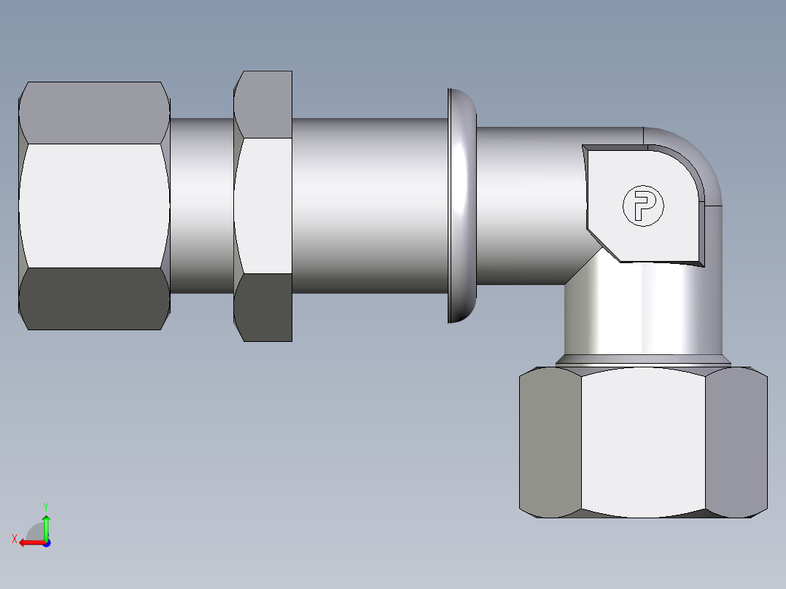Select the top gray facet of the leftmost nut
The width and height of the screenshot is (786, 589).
click(93, 112)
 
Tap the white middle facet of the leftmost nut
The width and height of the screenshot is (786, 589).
click(93, 205)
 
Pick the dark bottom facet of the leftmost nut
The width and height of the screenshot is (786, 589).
click(93, 299)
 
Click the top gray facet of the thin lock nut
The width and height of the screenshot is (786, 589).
click(264, 104)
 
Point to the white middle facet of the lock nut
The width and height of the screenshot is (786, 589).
click(264, 205)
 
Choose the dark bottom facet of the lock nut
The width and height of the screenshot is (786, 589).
click(264, 307)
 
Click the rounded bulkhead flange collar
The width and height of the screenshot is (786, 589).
click(461, 206)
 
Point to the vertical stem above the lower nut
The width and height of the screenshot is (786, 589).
click(642, 310)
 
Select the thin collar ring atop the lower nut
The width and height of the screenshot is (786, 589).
click(642, 360)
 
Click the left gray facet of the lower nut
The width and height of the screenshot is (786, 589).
click(550, 442)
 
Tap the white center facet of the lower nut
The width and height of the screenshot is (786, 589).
click(643, 442)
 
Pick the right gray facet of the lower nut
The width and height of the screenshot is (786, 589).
click(736, 442)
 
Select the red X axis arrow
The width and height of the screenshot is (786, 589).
click(29, 542)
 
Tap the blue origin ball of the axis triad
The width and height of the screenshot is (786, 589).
click(46, 542)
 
